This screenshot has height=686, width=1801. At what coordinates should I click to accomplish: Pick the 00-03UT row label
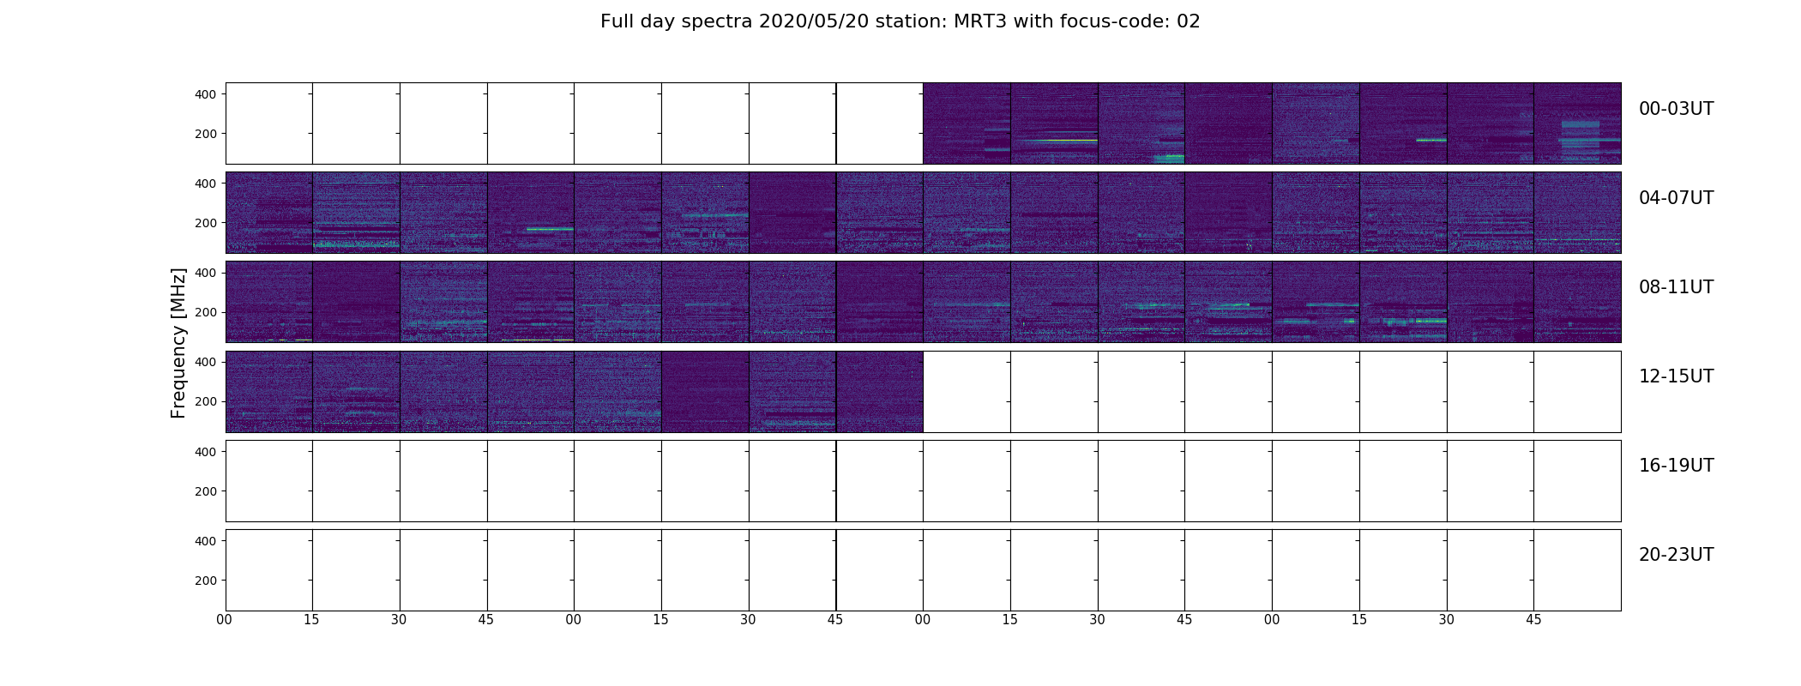1676,109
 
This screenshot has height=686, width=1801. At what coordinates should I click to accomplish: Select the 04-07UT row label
1676,198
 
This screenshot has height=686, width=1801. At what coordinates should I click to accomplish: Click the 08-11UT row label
1676,287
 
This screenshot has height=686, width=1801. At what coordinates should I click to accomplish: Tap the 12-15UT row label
1676,376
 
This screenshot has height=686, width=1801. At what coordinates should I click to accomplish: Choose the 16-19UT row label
1676,466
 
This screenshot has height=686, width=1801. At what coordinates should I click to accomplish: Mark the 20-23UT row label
1676,555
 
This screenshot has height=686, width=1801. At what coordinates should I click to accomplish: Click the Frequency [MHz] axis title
178,344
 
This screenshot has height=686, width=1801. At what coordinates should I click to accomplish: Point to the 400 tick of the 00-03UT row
206,94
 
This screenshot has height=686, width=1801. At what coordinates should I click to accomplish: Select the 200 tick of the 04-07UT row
206,223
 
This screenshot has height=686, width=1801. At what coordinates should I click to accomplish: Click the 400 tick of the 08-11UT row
206,273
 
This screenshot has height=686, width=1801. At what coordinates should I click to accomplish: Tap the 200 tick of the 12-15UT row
206,401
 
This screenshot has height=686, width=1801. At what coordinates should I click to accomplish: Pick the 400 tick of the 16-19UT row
206,452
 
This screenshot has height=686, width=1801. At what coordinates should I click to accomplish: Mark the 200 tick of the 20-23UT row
206,581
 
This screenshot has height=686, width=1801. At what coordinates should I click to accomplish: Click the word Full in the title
615,21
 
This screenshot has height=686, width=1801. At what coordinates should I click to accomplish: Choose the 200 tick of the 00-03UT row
206,134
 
